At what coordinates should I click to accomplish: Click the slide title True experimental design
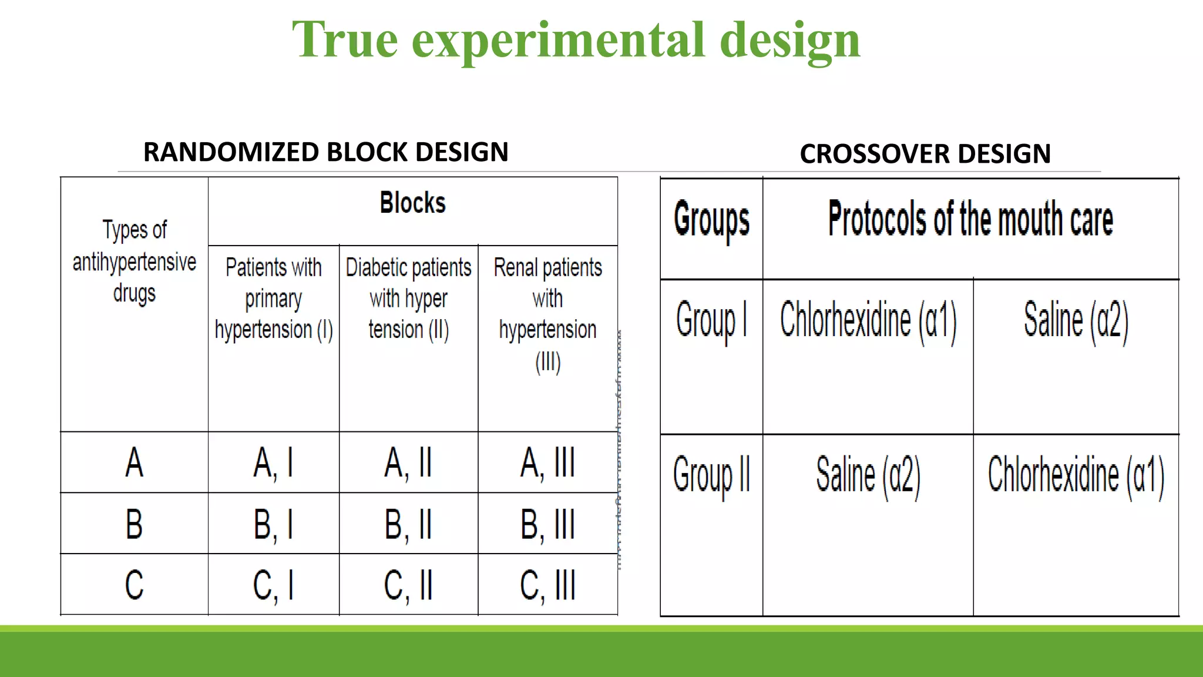click(x=576, y=40)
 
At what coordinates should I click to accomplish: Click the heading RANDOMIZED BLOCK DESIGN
click(x=325, y=152)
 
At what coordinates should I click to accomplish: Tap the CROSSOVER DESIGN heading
click(x=925, y=154)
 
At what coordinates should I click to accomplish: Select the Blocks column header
click(x=412, y=203)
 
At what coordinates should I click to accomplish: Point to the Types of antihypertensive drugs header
click(x=135, y=262)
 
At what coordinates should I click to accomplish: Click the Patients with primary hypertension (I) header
click(x=274, y=299)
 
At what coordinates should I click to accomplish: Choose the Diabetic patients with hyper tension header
click(x=408, y=299)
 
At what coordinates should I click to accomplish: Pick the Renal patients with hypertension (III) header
click(x=547, y=314)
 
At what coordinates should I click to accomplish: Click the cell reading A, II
click(x=408, y=462)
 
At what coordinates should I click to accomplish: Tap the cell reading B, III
click(x=547, y=524)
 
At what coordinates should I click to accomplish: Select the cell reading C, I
click(x=274, y=585)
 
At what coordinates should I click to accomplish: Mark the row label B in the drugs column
click(x=135, y=524)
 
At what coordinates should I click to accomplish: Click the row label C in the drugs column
click(x=135, y=585)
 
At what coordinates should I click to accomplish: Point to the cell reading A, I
click(x=274, y=462)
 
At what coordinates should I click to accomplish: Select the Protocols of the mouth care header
click(x=970, y=219)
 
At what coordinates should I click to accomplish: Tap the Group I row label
click(x=711, y=321)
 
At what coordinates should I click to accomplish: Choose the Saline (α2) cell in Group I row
click(x=1076, y=321)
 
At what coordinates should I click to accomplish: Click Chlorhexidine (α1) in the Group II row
click(x=1076, y=475)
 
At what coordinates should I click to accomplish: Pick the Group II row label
click(x=711, y=475)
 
